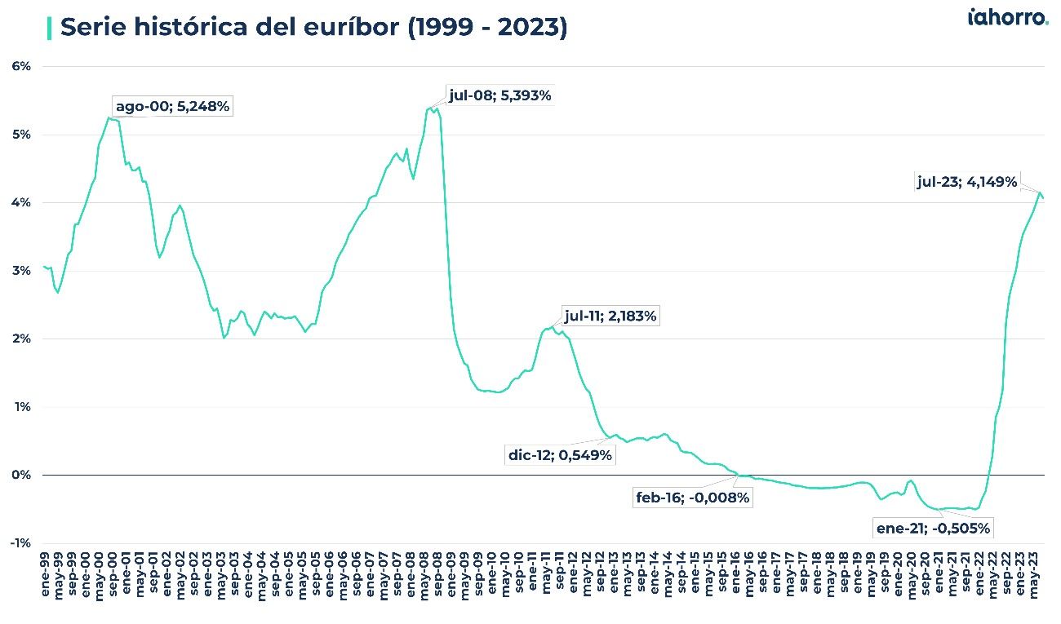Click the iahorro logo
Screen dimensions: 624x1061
click(x=1007, y=18)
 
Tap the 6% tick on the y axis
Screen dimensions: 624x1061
click(x=20, y=66)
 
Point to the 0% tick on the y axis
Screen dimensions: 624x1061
click(x=20, y=475)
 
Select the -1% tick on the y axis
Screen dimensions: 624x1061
click(x=20, y=543)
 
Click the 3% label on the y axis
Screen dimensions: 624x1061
click(x=20, y=270)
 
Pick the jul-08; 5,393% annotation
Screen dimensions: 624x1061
click(x=499, y=95)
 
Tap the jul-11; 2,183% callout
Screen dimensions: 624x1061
click(x=610, y=316)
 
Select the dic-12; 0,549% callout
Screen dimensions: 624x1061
click(x=560, y=455)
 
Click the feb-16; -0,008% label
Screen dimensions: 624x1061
click(x=692, y=498)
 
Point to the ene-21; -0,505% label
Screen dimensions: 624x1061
click(x=933, y=529)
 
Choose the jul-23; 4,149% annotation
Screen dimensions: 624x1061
click(x=967, y=182)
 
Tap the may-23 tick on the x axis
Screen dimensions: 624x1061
click(x=1037, y=579)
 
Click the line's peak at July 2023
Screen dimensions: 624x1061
click(x=1040, y=193)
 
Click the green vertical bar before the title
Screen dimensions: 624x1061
click(x=50, y=27)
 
